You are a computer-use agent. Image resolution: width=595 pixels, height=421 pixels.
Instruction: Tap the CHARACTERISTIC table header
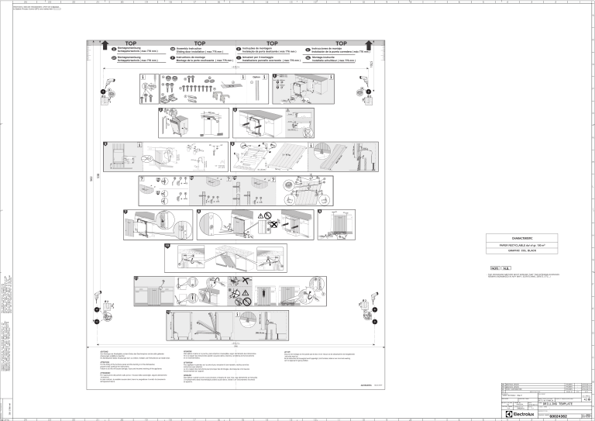click(x=518, y=237)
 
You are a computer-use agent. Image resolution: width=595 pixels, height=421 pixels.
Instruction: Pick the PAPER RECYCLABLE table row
click(x=518, y=243)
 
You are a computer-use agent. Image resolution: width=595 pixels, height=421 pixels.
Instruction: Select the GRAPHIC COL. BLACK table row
click(x=518, y=250)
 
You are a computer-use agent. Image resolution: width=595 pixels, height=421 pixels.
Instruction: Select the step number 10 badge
click(x=168, y=246)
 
